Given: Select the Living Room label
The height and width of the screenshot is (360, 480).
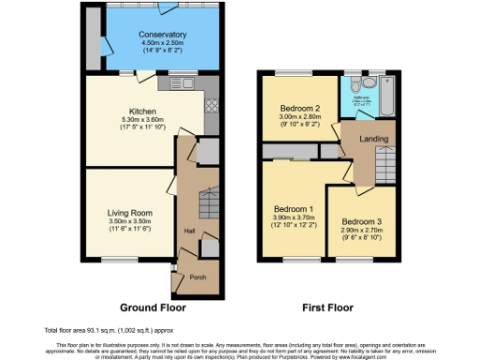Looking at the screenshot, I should point(129,213).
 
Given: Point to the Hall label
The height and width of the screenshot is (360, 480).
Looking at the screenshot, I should point(189,231).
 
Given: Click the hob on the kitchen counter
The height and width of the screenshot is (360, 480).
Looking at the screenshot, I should point(210,104).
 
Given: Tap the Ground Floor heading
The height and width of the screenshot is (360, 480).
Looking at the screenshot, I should point(153,307).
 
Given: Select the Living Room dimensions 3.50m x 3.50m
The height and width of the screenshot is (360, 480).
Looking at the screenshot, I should point(129,221).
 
